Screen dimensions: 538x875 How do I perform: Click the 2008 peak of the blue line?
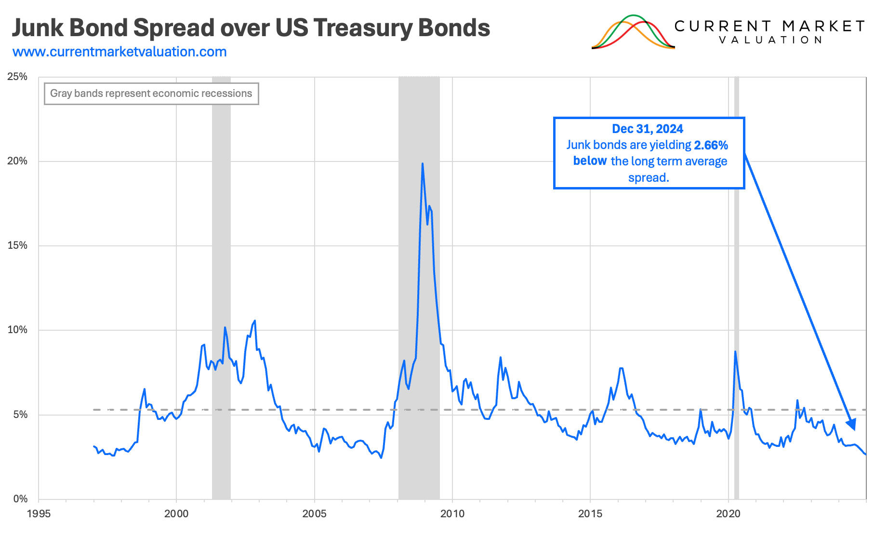coord(423,164)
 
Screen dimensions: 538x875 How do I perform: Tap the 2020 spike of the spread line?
coord(735,351)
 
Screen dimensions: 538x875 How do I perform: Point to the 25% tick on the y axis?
coord(17,77)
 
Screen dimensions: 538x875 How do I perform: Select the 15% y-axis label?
coord(17,245)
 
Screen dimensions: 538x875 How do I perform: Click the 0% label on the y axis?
coord(20,499)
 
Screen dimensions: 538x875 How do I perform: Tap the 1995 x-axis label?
coord(39,513)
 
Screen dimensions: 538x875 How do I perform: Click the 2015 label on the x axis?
coord(590,513)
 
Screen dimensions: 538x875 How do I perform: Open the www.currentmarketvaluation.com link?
coord(119,52)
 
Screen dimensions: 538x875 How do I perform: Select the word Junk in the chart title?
coord(38,28)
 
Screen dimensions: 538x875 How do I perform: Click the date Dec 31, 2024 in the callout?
coord(648,129)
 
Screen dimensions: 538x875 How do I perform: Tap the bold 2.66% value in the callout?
coord(711,145)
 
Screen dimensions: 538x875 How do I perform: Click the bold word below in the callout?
coord(590,161)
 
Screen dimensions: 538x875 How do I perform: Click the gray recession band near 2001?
coord(221,289)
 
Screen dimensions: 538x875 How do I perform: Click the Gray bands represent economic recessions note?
coord(151,94)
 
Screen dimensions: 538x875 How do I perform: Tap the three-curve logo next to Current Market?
coord(633,33)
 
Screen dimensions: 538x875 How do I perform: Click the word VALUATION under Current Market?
coord(770,40)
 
